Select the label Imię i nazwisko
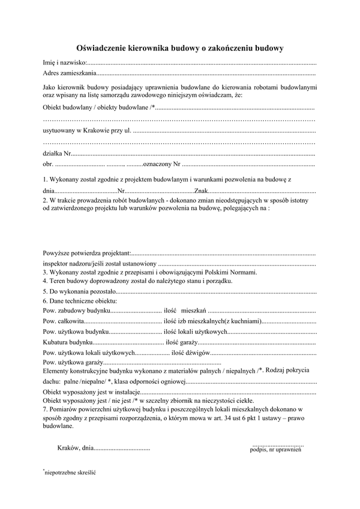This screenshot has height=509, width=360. coord(65,62)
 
